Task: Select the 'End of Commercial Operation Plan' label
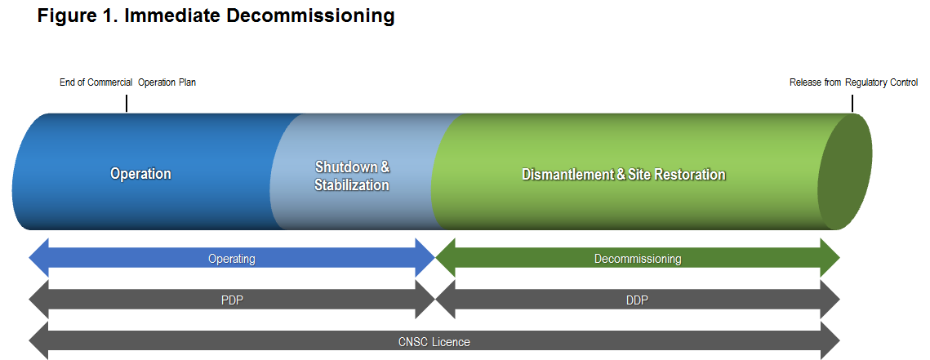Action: click(x=127, y=82)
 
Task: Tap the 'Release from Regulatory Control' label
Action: click(x=853, y=82)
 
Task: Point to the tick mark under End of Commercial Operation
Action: click(x=127, y=103)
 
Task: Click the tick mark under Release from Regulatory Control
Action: click(x=852, y=103)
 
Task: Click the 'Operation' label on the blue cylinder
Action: click(x=140, y=174)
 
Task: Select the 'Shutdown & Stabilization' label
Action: click(x=352, y=176)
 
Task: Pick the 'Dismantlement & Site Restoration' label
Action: click(x=623, y=175)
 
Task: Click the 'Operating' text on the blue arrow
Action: click(x=232, y=259)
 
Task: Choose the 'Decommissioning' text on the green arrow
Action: click(x=637, y=259)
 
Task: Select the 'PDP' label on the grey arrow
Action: click(x=232, y=300)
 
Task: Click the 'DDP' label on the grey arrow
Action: click(x=637, y=300)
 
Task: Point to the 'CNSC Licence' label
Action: click(x=434, y=342)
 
